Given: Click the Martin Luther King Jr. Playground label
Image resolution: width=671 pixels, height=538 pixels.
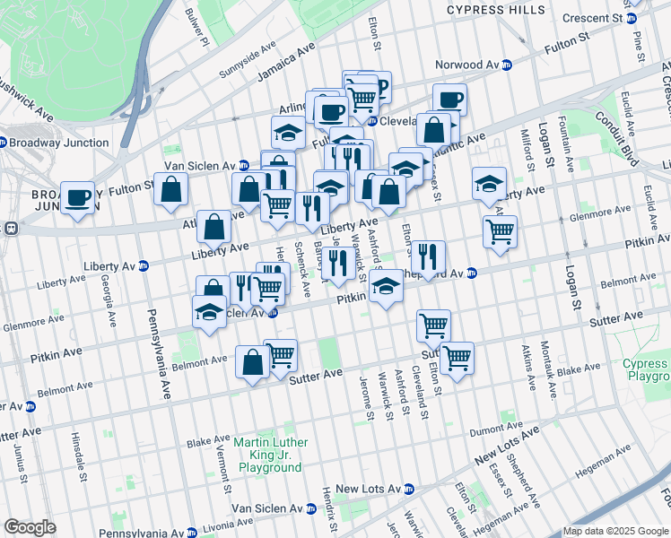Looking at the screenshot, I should point(270,456).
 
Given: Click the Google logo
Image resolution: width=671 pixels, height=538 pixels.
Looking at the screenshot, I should point(30,527).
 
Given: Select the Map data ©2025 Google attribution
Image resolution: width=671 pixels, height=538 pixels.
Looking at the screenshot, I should point(615,531).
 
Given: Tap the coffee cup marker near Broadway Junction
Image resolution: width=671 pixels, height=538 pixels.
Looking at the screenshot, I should point(78,197).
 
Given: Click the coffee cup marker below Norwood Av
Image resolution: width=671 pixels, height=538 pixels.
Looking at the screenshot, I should point(449,100).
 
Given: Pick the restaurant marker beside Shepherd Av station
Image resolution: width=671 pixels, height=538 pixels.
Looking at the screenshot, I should point(427,256).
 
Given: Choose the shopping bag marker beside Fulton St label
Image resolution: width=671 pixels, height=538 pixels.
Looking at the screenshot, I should point(170,190).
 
